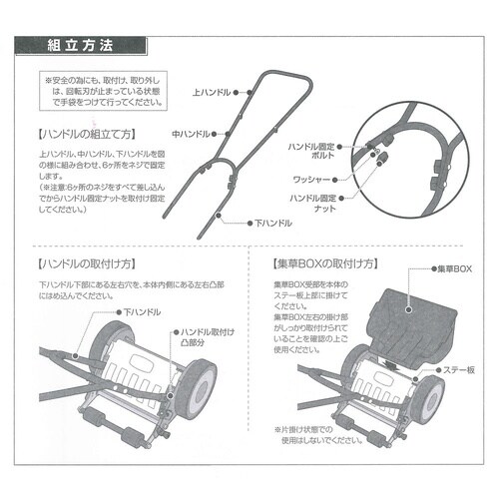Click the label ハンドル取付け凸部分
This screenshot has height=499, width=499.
pos(205,335)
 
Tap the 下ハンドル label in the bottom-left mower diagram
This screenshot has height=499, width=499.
pos(141,312)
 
